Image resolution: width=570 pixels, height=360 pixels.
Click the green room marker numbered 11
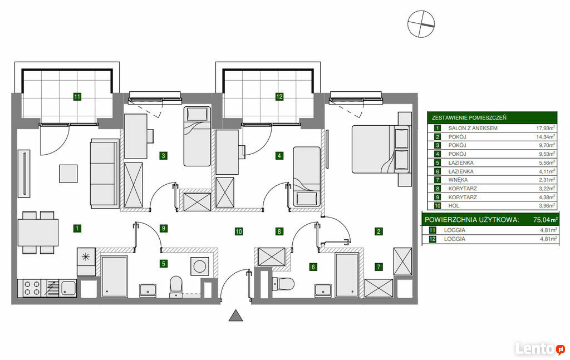pyautogui.click(x=77, y=97)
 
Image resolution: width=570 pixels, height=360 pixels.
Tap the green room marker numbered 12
pyautogui.click(x=279, y=97)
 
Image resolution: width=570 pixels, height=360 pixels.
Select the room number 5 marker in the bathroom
pyautogui.click(x=164, y=263)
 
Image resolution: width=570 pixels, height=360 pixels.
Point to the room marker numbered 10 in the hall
pyautogui.click(x=238, y=231)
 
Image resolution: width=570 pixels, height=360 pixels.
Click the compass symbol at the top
pyautogui.click(x=421, y=23)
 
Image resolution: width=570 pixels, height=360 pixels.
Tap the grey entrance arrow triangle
pyautogui.click(x=236, y=315)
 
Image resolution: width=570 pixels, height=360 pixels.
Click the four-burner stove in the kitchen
pyautogui.click(x=32, y=288)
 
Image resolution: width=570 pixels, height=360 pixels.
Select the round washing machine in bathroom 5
pyautogui.click(x=200, y=267)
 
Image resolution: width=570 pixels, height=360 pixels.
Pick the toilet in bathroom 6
pyautogui.click(x=283, y=283)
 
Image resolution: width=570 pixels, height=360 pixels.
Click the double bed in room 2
pyautogui.click(x=381, y=149)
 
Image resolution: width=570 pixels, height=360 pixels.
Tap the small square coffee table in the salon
pyautogui.click(x=68, y=174)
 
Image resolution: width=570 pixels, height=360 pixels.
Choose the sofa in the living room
pyautogui.click(x=105, y=173)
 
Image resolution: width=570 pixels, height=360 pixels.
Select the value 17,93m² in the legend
pyautogui.click(x=546, y=128)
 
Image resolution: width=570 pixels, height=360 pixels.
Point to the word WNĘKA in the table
pyautogui.click(x=458, y=180)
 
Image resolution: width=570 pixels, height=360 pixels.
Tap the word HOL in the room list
pyautogui.click(x=454, y=206)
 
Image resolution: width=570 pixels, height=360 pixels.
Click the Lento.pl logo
pyautogui.click(x=540, y=349)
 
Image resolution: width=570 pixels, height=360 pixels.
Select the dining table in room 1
pyautogui.click(x=38, y=233)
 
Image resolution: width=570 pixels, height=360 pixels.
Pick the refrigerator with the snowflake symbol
pyautogui.click(x=86, y=262)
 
